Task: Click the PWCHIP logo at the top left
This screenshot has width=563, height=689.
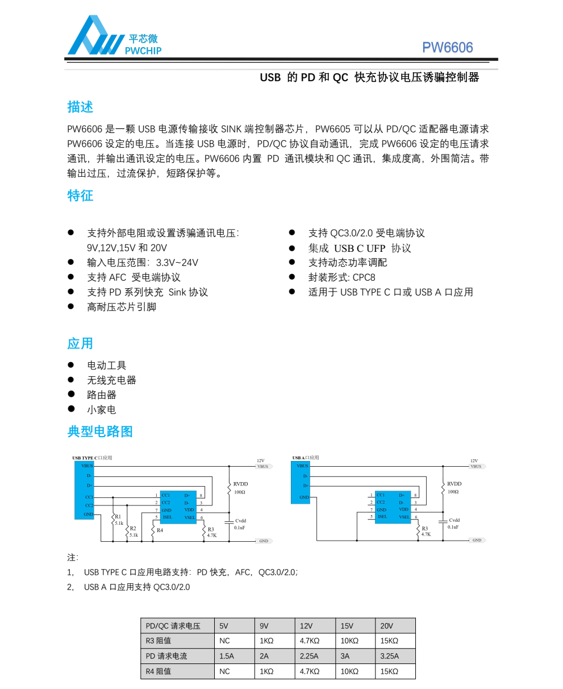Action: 114,37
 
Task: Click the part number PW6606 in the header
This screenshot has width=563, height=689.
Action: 447,48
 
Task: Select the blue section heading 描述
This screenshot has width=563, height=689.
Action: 80,107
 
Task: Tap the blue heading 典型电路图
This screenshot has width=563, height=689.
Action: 100,431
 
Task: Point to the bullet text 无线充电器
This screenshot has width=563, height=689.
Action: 111,380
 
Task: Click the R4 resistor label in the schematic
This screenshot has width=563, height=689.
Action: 160,530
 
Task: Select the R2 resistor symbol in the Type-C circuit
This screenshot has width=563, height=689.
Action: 127,531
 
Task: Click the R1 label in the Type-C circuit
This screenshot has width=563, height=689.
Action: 118,517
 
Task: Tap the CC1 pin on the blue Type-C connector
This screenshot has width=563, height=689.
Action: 89,497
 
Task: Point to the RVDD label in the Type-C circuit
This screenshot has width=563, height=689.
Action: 240,484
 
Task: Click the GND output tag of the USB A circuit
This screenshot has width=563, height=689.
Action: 477,540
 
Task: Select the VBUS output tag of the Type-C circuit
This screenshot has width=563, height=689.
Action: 262,466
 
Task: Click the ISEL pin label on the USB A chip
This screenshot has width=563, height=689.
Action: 382,517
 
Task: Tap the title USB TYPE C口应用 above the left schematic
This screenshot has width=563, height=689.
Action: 92,458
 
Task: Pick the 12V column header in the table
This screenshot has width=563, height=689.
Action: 306,626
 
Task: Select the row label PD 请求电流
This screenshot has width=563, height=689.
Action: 166,656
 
